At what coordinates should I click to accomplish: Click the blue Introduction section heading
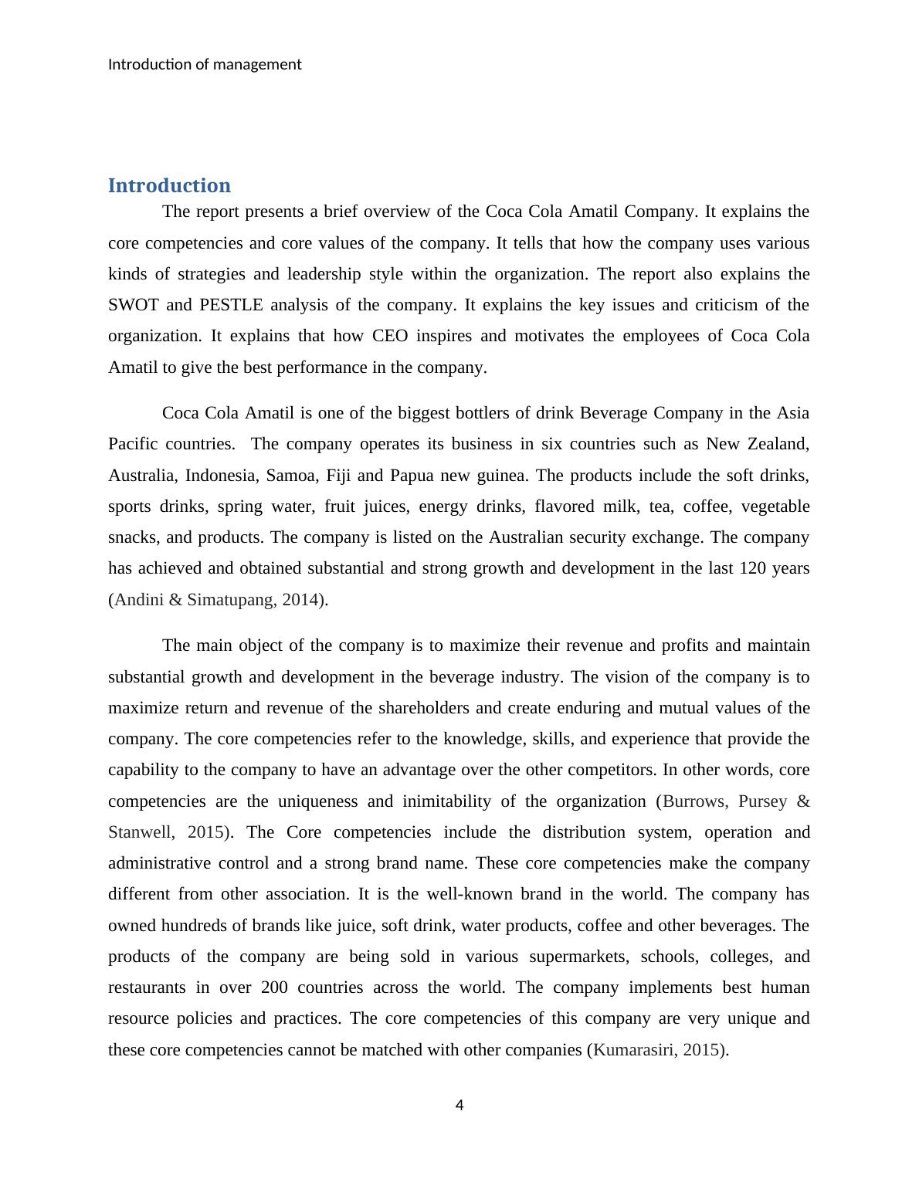click(x=169, y=186)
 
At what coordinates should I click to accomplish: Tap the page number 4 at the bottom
click(x=459, y=1106)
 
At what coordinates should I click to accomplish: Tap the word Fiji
click(x=339, y=476)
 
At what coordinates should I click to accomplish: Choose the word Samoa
click(x=290, y=476)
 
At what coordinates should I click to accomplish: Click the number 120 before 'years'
click(x=753, y=568)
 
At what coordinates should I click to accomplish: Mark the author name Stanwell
click(x=140, y=832)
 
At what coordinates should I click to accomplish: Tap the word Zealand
click(x=779, y=444)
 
